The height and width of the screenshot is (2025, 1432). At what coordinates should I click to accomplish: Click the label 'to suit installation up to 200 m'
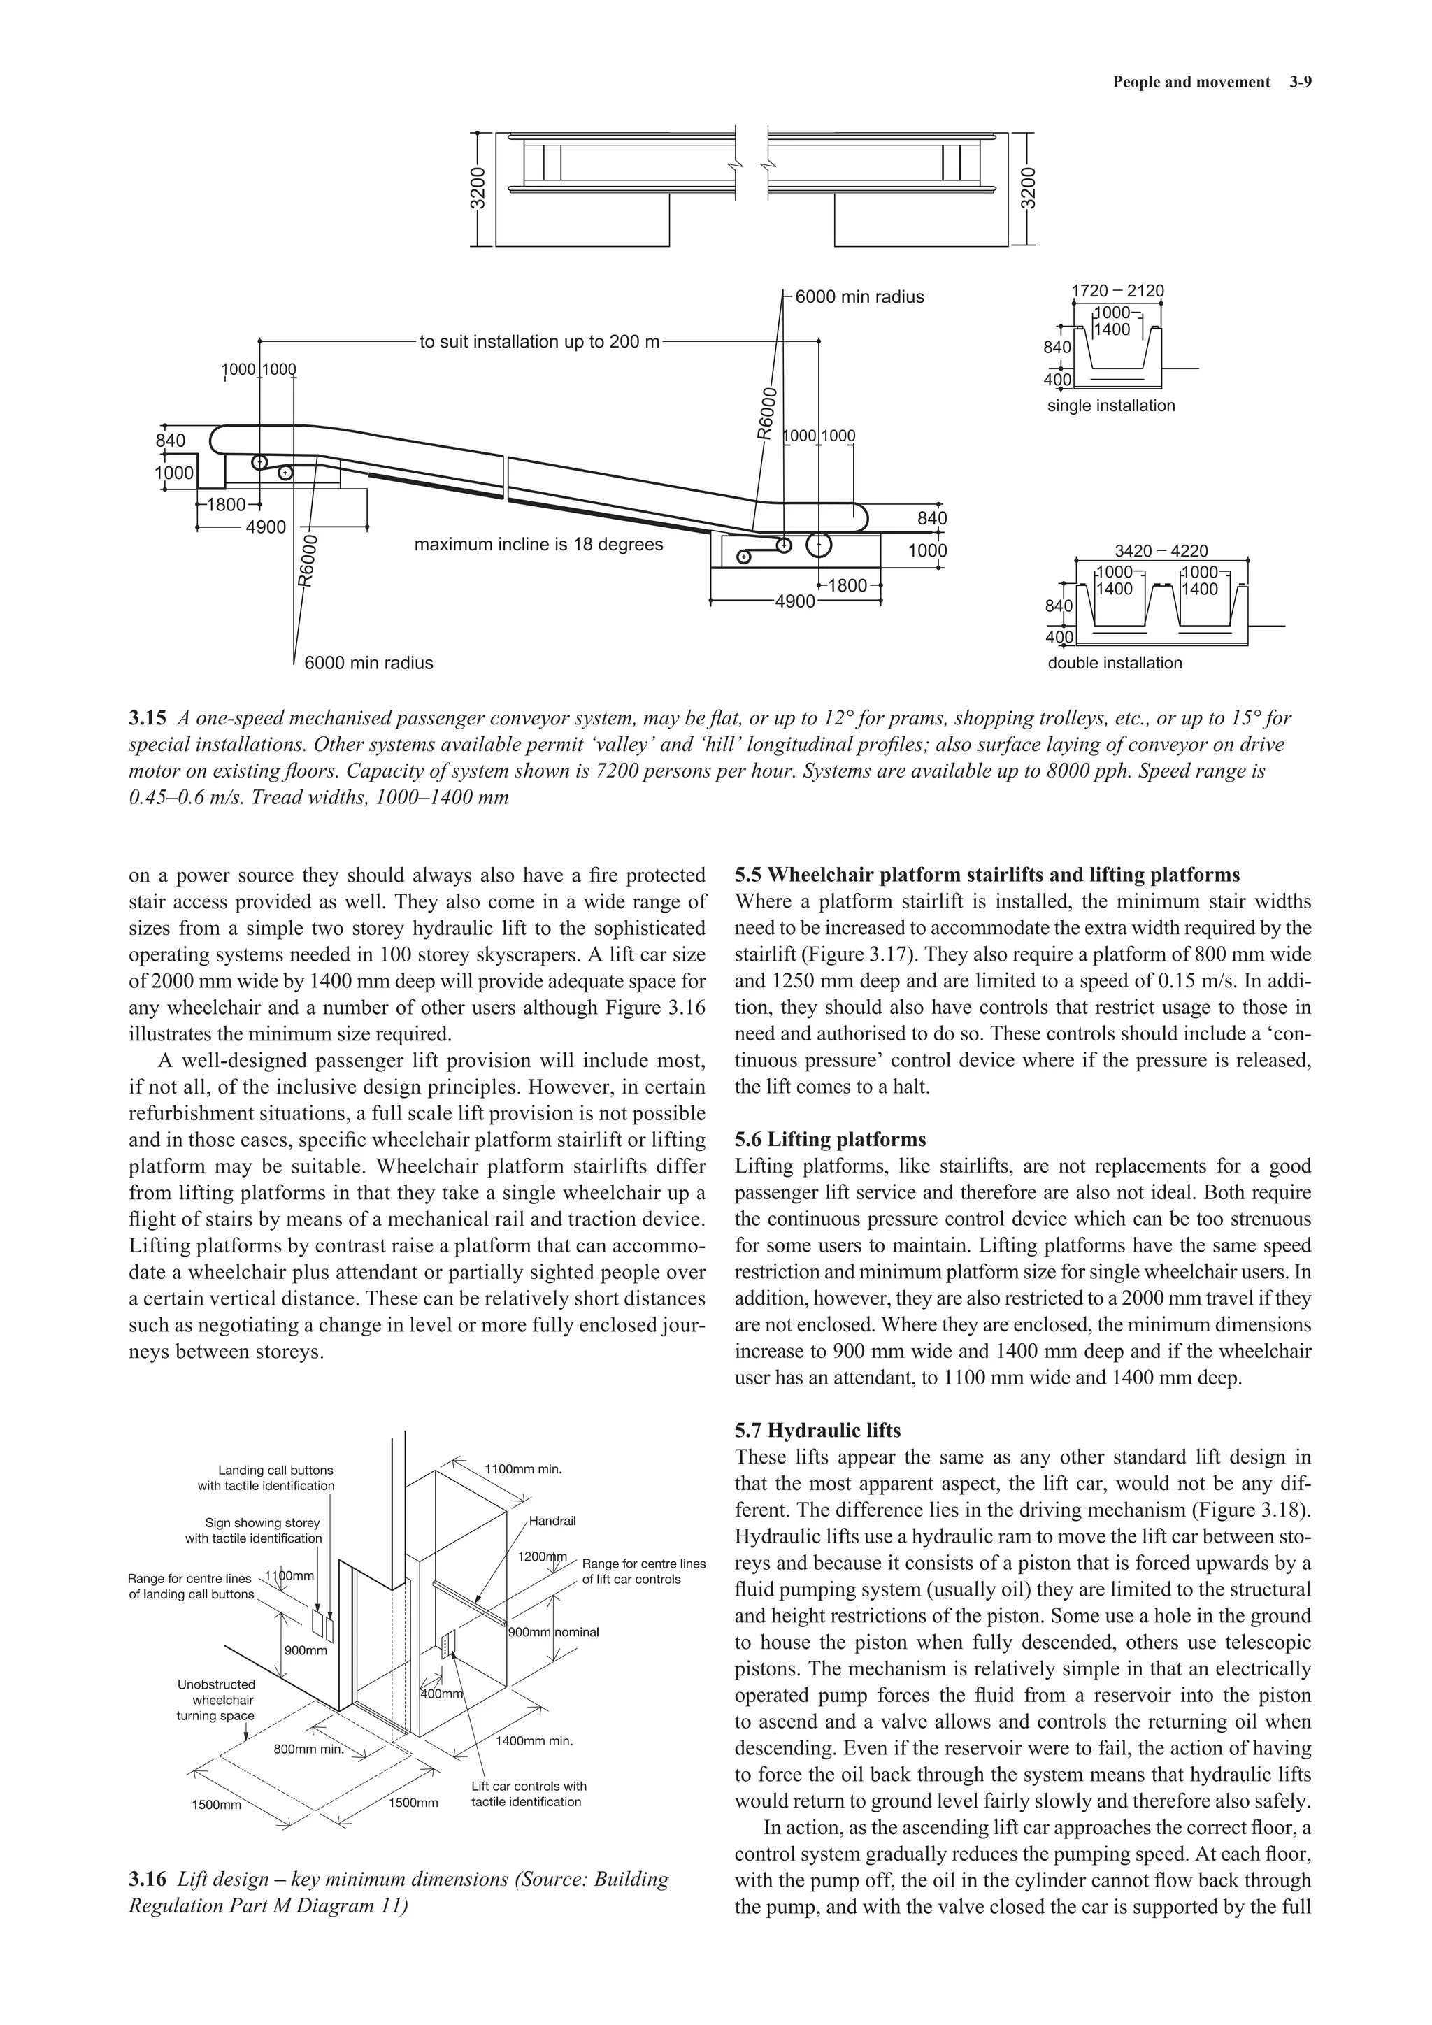(539, 341)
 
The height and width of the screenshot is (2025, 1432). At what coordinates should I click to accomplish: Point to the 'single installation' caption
(1110, 406)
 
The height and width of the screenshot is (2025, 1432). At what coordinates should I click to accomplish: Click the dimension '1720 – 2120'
(1117, 291)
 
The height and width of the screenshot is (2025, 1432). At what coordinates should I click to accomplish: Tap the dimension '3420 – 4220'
(1161, 550)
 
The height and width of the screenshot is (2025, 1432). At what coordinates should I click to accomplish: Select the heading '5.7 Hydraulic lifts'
(817, 1430)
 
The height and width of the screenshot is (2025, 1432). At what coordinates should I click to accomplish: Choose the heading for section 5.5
(987, 875)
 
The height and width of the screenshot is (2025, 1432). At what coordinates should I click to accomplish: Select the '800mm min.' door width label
(308, 1749)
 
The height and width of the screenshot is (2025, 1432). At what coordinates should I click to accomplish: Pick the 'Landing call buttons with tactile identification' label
(266, 1478)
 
